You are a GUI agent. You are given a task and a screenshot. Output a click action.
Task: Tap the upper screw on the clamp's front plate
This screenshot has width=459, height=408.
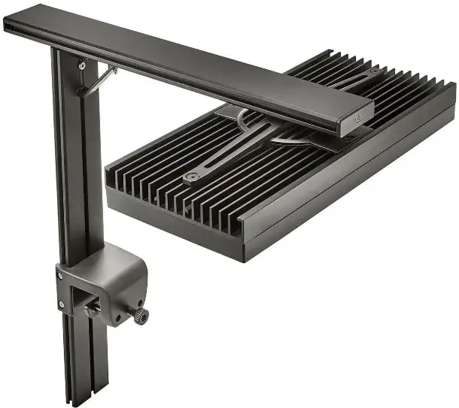pos(61,276)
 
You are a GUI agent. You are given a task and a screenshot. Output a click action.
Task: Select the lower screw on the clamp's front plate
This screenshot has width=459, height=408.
pos(62,304)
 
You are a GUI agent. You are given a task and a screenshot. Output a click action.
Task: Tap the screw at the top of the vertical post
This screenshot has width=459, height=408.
pos(81,66)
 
